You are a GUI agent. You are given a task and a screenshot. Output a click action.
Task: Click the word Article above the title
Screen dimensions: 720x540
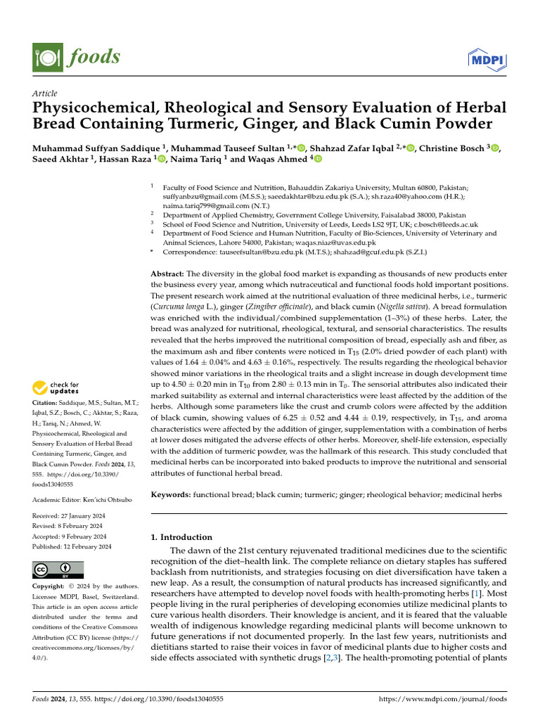coord(45,94)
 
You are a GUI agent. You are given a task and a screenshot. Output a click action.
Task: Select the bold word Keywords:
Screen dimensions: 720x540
coord(172,495)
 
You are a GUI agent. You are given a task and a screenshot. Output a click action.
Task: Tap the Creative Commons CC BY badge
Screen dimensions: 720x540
coord(58,570)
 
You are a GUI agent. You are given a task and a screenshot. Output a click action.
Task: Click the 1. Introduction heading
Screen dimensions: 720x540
coord(182,537)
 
